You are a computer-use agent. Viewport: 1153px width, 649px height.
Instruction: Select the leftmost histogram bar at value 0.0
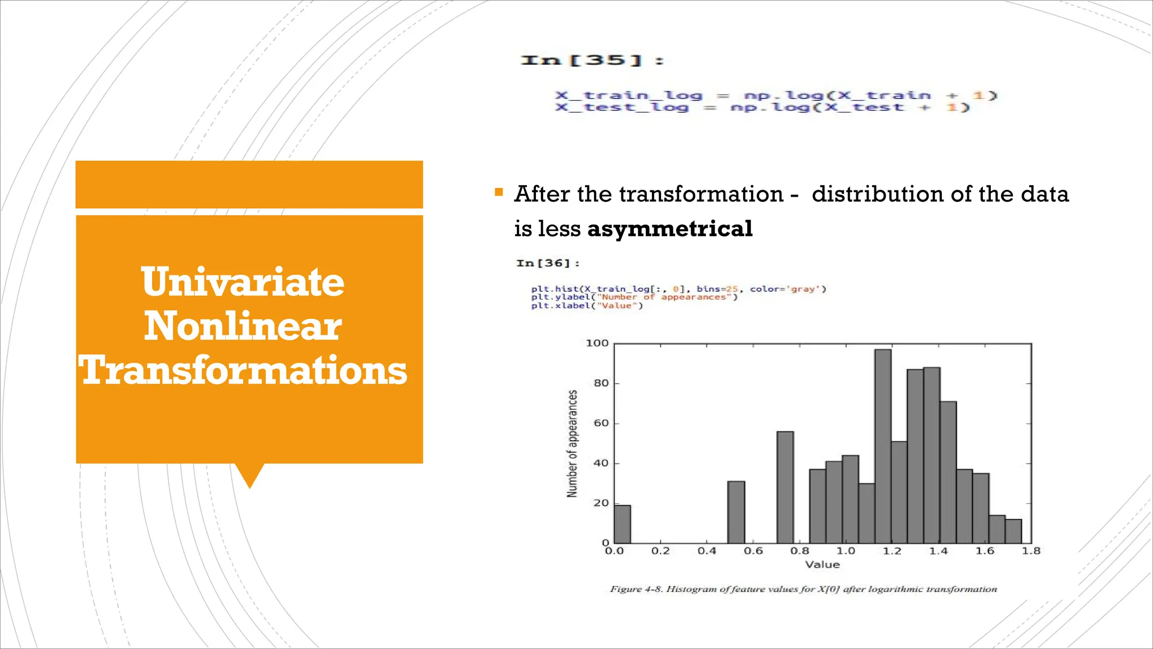point(622,524)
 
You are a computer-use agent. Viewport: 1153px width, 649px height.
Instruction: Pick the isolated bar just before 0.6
point(736,512)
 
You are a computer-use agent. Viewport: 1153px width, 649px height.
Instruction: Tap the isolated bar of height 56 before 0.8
point(785,487)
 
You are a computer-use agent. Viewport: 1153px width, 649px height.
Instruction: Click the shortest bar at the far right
point(1013,531)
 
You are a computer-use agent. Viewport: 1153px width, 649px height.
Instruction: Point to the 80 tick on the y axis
point(601,383)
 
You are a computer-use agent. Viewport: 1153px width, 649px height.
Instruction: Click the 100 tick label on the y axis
point(597,343)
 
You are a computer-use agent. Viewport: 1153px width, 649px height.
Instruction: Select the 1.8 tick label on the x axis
point(1031,551)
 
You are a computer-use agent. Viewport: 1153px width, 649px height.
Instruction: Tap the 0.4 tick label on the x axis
point(707,551)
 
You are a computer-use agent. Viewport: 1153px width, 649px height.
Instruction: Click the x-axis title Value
point(822,564)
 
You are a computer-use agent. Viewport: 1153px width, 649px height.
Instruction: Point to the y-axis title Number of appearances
point(572,444)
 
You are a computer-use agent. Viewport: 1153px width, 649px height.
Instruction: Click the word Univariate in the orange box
point(243,282)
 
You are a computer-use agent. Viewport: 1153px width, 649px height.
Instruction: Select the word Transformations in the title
point(243,371)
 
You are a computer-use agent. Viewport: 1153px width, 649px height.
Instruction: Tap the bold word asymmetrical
point(669,229)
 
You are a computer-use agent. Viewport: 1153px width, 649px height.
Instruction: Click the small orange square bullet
point(499,193)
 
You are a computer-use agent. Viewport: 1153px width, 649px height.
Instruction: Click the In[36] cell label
point(547,263)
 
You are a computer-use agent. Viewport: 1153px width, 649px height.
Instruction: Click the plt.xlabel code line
point(586,305)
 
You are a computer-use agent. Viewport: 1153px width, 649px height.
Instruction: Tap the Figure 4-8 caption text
point(803,589)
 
